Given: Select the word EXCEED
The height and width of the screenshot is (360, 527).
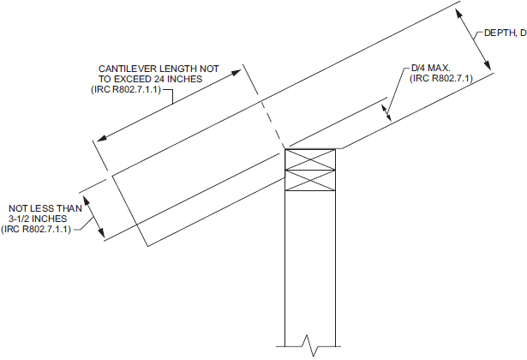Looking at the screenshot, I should coord(132,79).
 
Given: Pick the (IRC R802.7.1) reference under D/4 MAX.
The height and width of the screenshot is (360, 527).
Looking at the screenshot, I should coord(441,79).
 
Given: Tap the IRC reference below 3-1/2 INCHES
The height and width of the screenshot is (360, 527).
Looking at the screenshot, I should coord(45,229).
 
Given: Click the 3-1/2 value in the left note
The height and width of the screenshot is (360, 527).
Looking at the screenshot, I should coord(25,219).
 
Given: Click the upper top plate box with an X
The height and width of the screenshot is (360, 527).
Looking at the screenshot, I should coord(310,160).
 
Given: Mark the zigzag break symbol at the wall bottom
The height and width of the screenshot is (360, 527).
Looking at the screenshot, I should coord(309,345).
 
